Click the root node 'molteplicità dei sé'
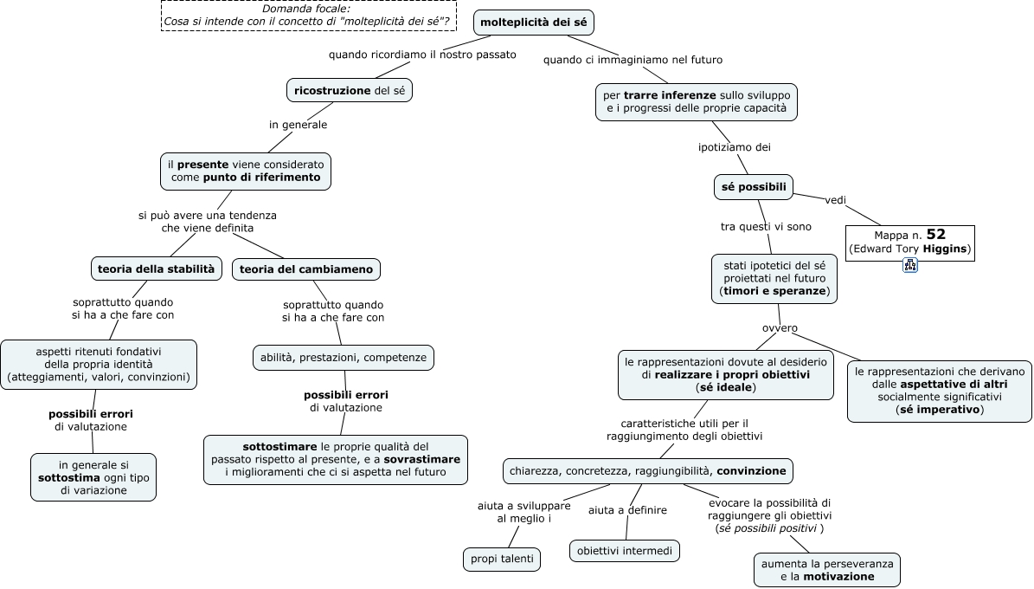pos(534,23)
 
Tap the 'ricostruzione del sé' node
pos(350,90)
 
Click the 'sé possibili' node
pos(754,187)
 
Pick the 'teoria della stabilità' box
pos(157,269)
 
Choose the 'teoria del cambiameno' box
pos(306,269)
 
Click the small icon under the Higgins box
pos(910,265)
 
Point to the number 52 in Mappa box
pos(935,235)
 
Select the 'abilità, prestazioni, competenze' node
pos(343,357)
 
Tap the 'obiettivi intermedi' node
pos(625,551)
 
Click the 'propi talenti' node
pos(502,559)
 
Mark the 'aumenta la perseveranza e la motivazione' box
pos(827,570)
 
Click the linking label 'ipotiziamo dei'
pos(735,147)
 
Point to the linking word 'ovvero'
pos(780,328)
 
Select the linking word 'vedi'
pos(836,200)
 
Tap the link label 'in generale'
pos(298,125)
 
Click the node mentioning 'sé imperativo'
pos(940,391)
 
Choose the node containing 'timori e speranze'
pos(774,279)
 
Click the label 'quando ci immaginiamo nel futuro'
pos(633,60)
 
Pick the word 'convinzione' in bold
pos(751,471)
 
